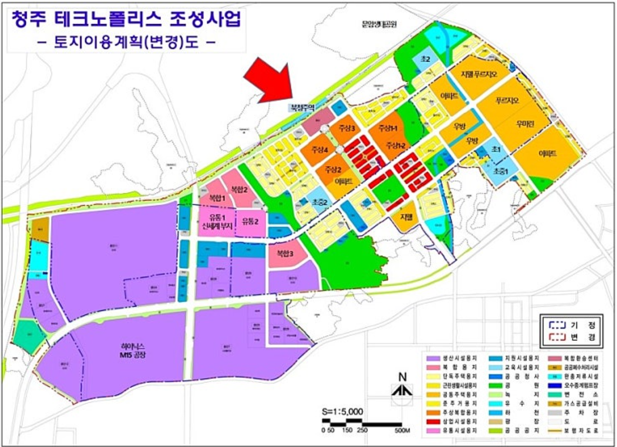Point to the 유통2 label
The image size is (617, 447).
tap(250, 221)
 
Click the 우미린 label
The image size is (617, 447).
tap(528, 122)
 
